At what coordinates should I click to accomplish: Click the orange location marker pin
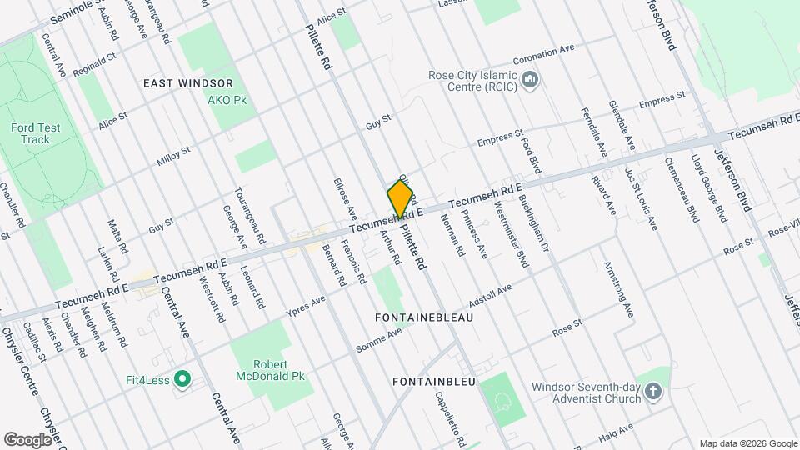click(x=402, y=199)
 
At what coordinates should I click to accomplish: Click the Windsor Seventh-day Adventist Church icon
click(x=654, y=392)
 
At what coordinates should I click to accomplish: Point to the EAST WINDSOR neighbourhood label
click(x=187, y=83)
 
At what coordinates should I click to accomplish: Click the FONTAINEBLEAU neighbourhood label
click(x=424, y=318)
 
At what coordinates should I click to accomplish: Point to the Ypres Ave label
click(x=306, y=304)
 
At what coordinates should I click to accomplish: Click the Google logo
click(x=28, y=439)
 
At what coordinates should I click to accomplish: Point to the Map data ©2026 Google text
click(x=747, y=442)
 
